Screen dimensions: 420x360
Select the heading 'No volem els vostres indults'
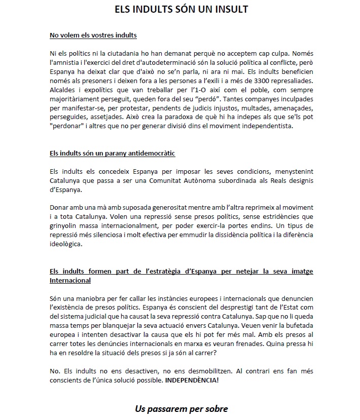coord(93,35)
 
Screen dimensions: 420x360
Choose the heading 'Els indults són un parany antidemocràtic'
coord(113,153)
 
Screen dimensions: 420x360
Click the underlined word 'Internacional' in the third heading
coord(70,280)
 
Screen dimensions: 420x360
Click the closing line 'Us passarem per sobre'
coord(181,408)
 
